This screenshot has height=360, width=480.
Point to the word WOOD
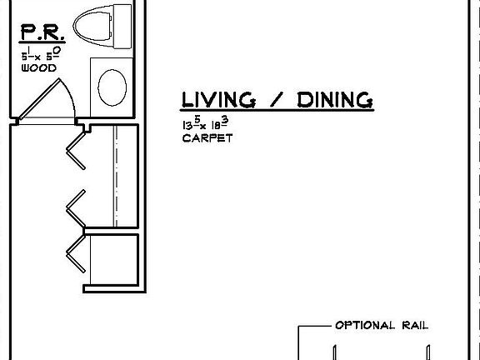pyautogui.click(x=38, y=68)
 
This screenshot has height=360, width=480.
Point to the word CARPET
pyautogui.click(x=207, y=138)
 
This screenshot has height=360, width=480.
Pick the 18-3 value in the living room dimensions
pyautogui.click(x=218, y=124)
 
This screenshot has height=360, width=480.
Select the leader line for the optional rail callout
pyautogui.click(x=313, y=326)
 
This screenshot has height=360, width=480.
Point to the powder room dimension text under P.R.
pyautogui.click(x=39, y=56)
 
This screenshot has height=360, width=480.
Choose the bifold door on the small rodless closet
pyautogui.click(x=77, y=253)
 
